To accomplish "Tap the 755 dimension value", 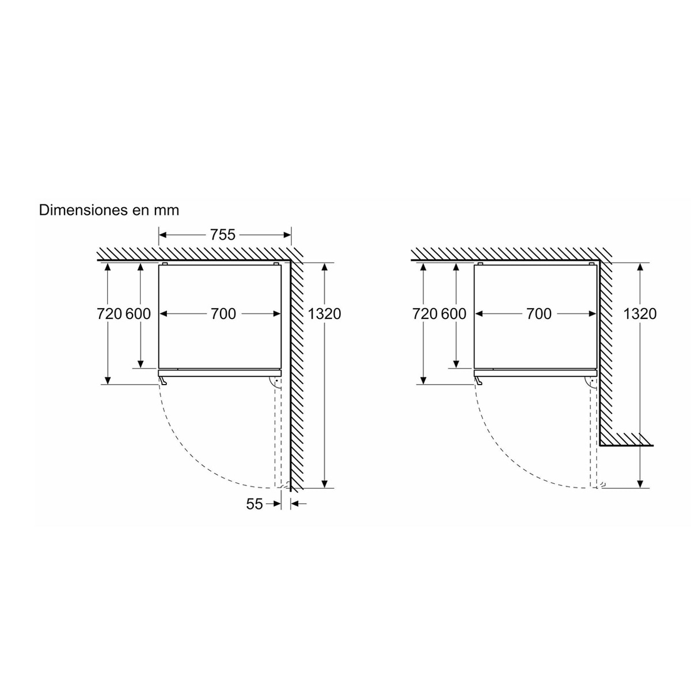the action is coord(223,235).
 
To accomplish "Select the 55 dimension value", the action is coord(255,504).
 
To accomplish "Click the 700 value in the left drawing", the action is coord(223,314).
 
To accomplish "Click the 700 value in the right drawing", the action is coord(538,314).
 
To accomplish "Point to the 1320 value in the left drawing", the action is coord(324,314).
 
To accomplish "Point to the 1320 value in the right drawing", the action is coord(640,314).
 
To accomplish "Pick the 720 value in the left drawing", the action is coord(109,314).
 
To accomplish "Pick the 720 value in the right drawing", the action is coord(425,314).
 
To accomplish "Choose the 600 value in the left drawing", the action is coord(138,314).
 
